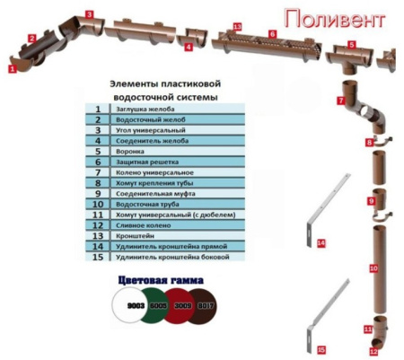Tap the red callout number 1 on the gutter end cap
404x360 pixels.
(x=12, y=67)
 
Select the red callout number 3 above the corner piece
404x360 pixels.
(x=88, y=14)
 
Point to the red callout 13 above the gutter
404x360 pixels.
(x=237, y=27)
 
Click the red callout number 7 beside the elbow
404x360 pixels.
(x=341, y=101)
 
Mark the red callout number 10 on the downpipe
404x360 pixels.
(x=373, y=268)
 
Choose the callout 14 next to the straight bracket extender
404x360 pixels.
(x=321, y=243)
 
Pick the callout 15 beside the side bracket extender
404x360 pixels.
(x=321, y=347)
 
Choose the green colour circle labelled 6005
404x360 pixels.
(x=159, y=306)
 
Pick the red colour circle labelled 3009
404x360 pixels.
(x=184, y=306)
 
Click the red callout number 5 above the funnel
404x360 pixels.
(x=351, y=44)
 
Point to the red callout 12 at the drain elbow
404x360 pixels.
(x=374, y=352)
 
